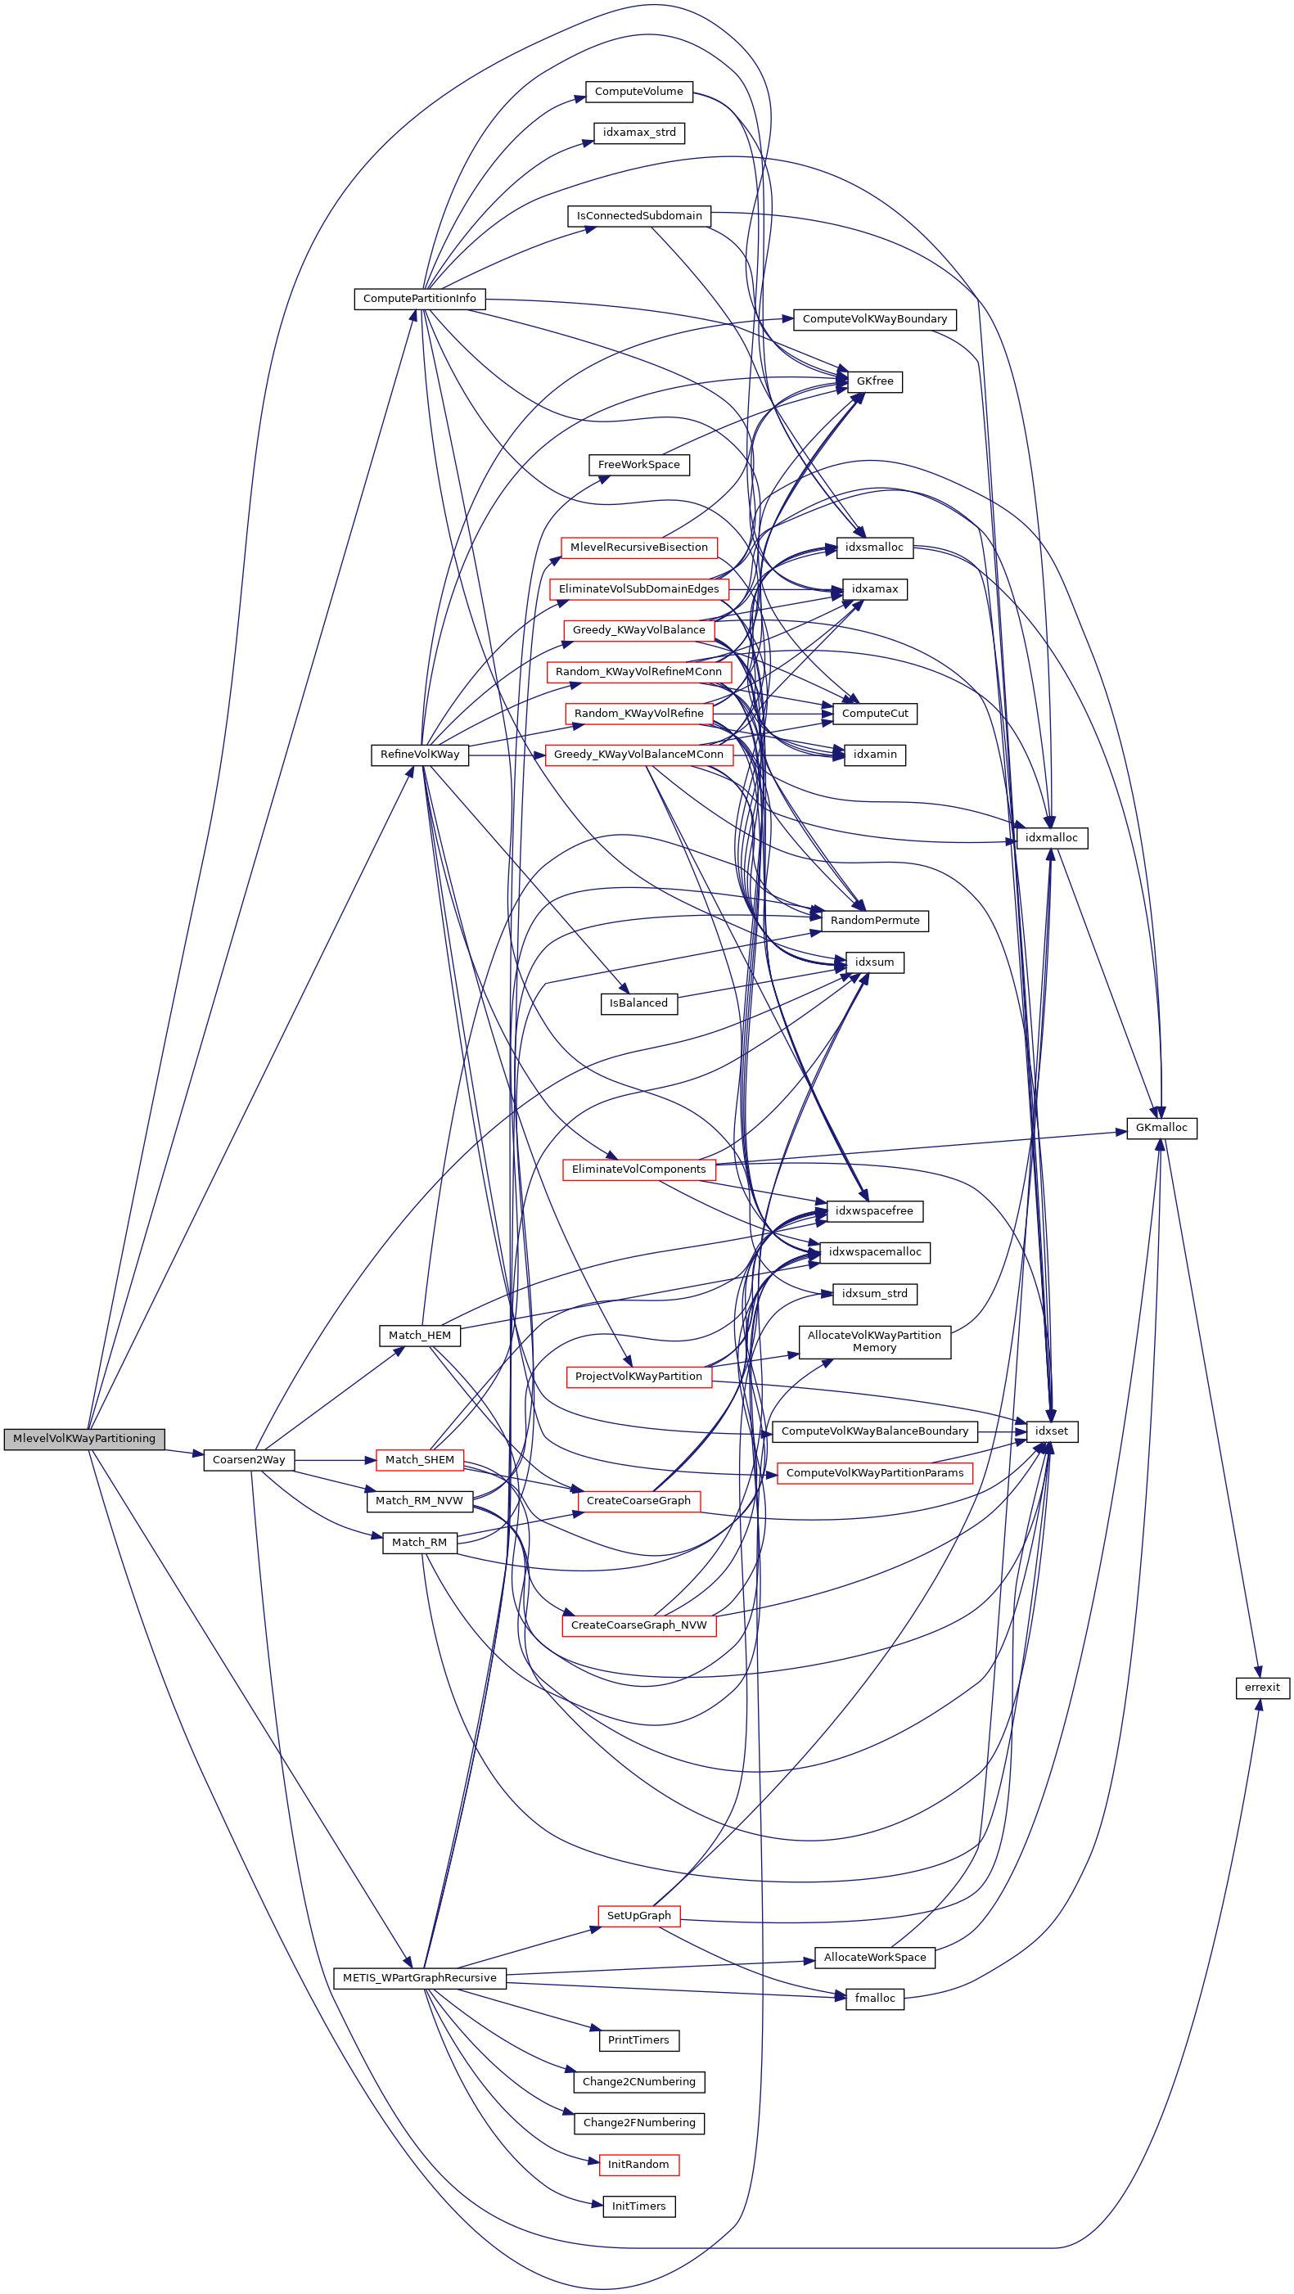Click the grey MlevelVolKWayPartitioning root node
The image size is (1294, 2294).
coord(83,1438)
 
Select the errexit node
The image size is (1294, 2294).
coord(1262,1687)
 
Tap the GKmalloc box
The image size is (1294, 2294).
coord(1161,1128)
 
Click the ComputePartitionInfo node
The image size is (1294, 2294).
coord(419,299)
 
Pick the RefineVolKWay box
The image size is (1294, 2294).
coord(419,755)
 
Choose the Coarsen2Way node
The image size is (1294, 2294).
coord(249,1459)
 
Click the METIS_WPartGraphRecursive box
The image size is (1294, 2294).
coord(419,1978)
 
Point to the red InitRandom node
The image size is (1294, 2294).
coord(638,2164)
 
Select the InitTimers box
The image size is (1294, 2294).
coord(638,2206)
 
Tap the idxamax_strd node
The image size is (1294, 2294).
coord(638,133)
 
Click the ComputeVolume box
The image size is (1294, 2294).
coord(638,91)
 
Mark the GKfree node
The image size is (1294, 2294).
coord(875,381)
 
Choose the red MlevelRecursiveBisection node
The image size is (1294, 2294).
coord(638,547)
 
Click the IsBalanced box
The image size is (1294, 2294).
coord(638,1003)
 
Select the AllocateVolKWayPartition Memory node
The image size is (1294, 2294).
coord(875,1341)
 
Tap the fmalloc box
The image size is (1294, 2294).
coord(875,1999)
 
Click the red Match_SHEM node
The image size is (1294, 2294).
coord(419,1459)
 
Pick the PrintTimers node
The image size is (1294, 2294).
coord(638,2040)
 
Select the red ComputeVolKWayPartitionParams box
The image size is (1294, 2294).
coord(875,1473)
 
